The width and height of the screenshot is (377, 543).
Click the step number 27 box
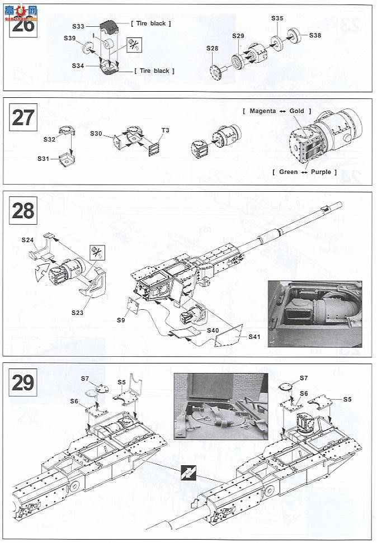pos(23,118)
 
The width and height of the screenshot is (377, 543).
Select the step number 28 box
pos(23,211)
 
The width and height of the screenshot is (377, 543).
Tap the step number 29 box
pos(23,383)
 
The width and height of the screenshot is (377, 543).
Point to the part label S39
pos(69,38)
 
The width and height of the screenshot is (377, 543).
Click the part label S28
pos(211,49)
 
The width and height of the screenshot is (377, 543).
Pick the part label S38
pos(315,35)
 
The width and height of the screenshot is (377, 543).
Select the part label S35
pos(277,18)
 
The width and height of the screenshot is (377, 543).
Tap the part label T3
pos(165,130)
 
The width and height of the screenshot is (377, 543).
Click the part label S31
pos(44,158)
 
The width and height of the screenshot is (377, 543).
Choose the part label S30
pos(96,134)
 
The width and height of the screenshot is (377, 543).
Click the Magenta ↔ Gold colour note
pos(277,111)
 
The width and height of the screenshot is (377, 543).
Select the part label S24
pos(28,240)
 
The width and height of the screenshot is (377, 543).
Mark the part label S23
pos(77,313)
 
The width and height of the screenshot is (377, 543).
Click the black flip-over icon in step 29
pos(187,474)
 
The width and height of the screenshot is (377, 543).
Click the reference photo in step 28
pos(314,314)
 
